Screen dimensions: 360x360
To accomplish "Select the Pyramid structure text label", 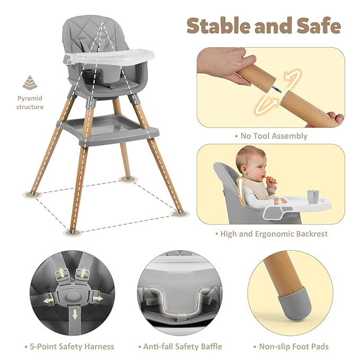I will pyautogui.click(x=30, y=103).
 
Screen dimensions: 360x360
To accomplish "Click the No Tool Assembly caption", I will pyautogui.click(x=271, y=136).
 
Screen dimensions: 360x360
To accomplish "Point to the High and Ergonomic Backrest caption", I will pyautogui.click(x=271, y=234).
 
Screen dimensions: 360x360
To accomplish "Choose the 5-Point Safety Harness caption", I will pyautogui.click(x=69, y=347).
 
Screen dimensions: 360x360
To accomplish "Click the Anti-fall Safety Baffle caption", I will pyautogui.click(x=182, y=347).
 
